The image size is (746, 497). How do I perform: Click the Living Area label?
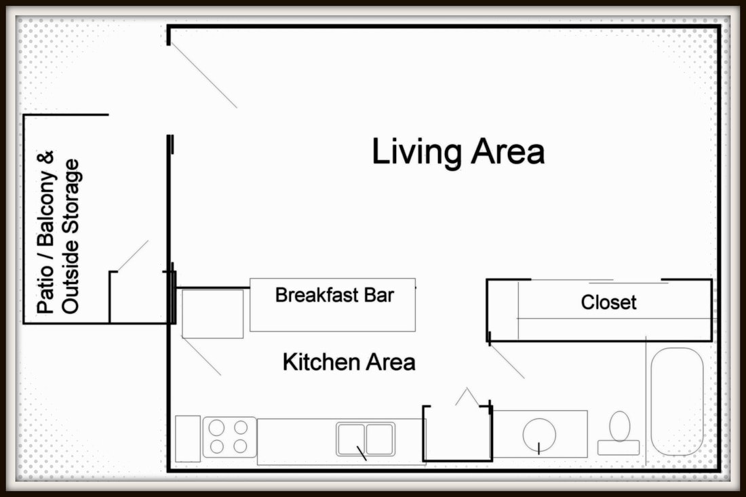tap(458, 153)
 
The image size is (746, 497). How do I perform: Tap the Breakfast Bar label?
tap(334, 296)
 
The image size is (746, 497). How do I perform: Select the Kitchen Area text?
tap(349, 362)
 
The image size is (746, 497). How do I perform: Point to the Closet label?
tap(608, 302)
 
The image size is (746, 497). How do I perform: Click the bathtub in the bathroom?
tap(677, 401)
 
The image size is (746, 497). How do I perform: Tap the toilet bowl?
tap(619, 426)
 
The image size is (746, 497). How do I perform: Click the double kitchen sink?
tap(366, 439)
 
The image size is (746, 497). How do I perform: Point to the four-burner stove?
tap(229, 437)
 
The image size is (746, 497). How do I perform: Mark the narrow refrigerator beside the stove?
tap(188, 439)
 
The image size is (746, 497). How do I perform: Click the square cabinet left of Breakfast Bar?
tap(212, 313)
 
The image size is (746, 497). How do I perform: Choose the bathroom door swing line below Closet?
tap(507, 361)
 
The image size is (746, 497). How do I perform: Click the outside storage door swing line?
tap(133, 256)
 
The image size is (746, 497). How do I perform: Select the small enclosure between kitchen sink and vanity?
tap(457, 434)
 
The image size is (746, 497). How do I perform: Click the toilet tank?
tap(619, 448)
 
